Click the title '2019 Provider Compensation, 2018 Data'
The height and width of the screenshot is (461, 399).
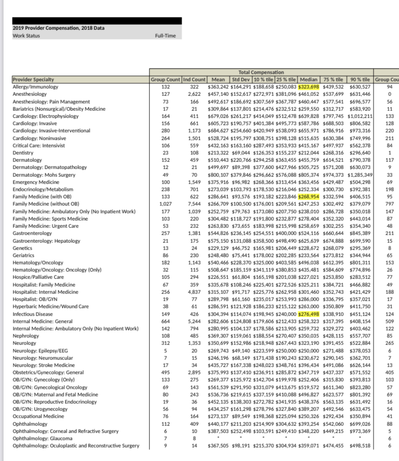click(59, 28)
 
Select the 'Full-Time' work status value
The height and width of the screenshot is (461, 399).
click(165, 36)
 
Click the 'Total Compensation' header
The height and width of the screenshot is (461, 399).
click(261, 72)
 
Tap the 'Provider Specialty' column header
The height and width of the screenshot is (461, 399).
click(34, 79)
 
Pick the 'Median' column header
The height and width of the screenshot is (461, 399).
click(309, 79)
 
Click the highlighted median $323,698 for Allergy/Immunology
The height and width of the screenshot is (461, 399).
click(309, 87)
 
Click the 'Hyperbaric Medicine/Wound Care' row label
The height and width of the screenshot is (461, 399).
click(51, 306)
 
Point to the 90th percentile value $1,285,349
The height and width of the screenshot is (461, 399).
click(361, 175)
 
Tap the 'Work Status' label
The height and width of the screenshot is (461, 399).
click(27, 36)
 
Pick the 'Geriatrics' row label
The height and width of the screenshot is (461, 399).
click(24, 255)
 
